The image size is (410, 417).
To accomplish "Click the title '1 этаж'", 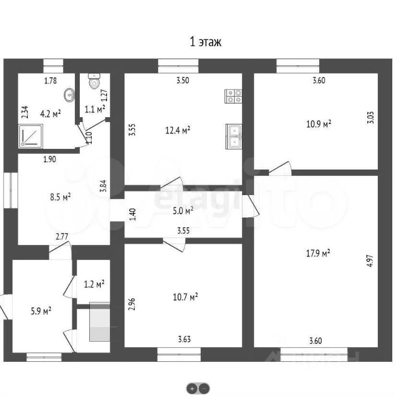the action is pos(205,42).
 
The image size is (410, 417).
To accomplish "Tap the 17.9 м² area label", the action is pos(318,254).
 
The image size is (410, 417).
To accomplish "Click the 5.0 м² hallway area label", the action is pos(183,210).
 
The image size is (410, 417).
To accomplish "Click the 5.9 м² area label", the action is pos(41,311).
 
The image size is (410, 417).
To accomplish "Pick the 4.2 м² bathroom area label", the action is pos(50,114).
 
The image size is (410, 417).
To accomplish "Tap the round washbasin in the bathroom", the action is pos(70,94).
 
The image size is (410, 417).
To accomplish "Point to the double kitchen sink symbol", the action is pos(234,136).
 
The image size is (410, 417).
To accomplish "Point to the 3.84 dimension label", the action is pos(103,186).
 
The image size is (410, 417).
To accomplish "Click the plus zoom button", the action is pos(192,389).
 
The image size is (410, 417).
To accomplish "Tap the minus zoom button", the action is pos(204,389).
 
